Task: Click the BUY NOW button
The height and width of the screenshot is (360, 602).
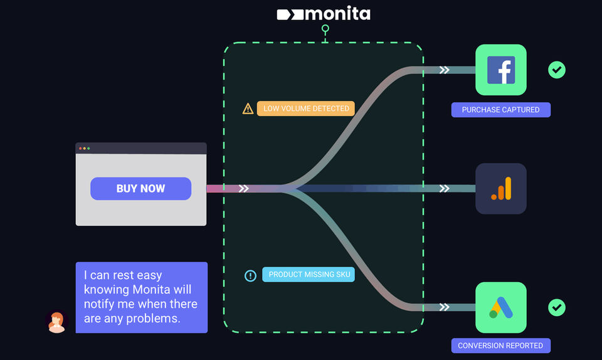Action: click(140, 189)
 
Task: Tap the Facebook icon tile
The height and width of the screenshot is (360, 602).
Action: click(500, 70)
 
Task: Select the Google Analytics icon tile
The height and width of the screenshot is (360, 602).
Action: click(500, 189)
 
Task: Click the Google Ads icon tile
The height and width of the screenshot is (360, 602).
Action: click(500, 307)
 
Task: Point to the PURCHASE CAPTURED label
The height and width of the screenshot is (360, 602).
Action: click(500, 110)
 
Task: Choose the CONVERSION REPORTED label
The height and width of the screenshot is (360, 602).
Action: click(500, 346)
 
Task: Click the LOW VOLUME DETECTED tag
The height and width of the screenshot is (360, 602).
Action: click(306, 109)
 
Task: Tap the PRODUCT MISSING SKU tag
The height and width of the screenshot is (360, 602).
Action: click(308, 275)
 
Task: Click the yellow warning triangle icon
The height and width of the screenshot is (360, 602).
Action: click(248, 109)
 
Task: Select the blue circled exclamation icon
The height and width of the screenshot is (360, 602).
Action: click(250, 275)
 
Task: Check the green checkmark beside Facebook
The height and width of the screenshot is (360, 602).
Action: click(557, 70)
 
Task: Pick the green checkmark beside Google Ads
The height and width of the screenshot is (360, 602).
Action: click(557, 307)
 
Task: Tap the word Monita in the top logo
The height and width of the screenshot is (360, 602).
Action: click(337, 13)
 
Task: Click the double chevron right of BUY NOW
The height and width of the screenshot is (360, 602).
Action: click(244, 189)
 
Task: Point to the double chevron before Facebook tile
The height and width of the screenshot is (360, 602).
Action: click(444, 70)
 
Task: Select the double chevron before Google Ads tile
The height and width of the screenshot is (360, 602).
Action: click(444, 307)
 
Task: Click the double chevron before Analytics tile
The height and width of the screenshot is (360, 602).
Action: click(444, 189)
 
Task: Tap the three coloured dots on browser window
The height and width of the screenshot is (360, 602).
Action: click(84, 148)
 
